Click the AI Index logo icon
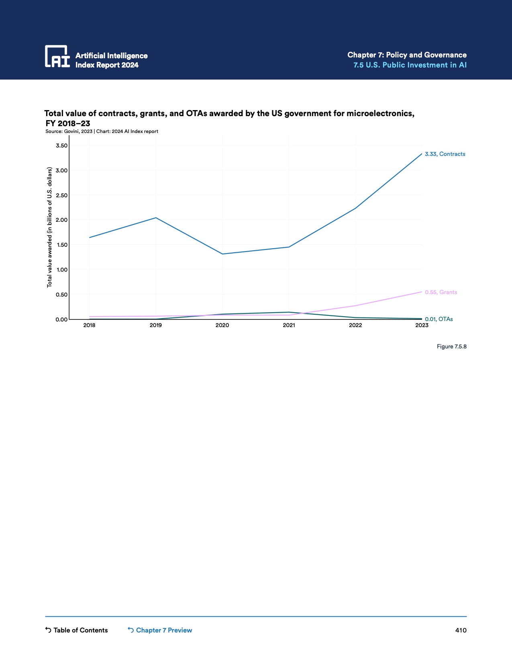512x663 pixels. (x=57, y=56)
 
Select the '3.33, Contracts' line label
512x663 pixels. (x=445, y=154)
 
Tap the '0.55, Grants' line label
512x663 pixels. (x=441, y=293)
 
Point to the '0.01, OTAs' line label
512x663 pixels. (x=439, y=319)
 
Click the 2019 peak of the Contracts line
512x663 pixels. (x=156, y=218)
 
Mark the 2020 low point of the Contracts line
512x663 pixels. (x=222, y=254)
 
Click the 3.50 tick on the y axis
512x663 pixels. (x=62, y=145)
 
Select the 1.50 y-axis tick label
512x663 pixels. (x=62, y=245)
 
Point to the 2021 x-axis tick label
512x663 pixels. (x=289, y=325)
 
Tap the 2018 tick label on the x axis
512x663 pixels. (x=89, y=325)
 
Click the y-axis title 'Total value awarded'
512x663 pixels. (x=50, y=227)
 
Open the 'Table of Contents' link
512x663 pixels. (x=76, y=630)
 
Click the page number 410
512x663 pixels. (x=461, y=630)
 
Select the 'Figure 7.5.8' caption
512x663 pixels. (x=451, y=346)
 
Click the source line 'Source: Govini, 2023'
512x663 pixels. (x=69, y=131)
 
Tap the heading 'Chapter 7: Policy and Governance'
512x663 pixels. (x=407, y=55)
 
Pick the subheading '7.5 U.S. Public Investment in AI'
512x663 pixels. (x=410, y=65)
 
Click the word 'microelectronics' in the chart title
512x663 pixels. (x=380, y=113)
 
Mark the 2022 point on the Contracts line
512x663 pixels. (x=355, y=208)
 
